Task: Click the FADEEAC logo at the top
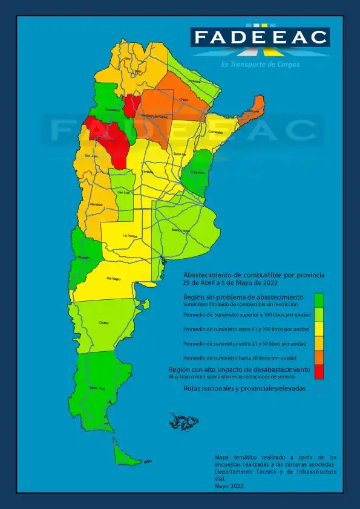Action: click(260, 37)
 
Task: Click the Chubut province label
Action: click(103, 323)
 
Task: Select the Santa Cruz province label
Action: click(94, 387)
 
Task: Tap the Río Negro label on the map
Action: click(113, 279)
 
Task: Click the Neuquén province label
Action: click(83, 257)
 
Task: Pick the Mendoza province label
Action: click(96, 204)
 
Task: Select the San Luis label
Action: click(123, 193)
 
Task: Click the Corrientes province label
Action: click(215, 132)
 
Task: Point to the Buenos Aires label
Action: click(181, 231)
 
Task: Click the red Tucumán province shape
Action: click(132, 104)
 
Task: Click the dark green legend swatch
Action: click(319, 300)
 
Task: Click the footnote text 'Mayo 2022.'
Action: click(230, 485)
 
